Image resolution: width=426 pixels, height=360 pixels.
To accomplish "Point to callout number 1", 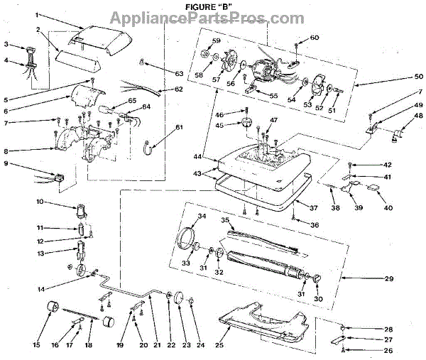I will point(38,15).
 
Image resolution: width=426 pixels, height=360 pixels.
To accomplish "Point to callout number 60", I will point(315,37).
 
